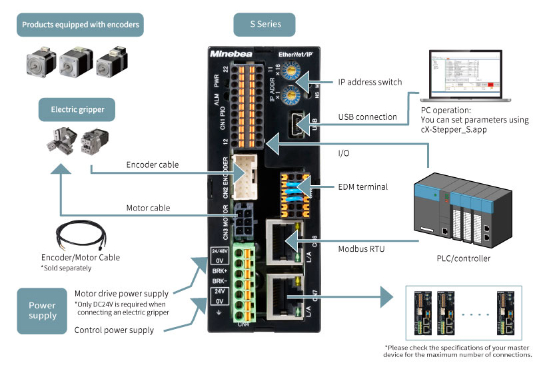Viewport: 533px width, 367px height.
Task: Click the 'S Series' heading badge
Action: (265, 25)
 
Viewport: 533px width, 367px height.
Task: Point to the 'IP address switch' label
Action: (370, 82)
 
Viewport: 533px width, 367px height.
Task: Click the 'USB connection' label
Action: (368, 117)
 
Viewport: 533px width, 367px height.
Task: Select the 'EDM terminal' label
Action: (362, 187)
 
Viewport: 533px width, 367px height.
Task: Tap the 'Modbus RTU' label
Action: (362, 248)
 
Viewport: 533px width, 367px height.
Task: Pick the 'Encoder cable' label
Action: (151, 164)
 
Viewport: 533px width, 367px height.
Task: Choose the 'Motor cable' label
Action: (148, 208)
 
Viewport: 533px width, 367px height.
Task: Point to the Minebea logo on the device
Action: (229, 52)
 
